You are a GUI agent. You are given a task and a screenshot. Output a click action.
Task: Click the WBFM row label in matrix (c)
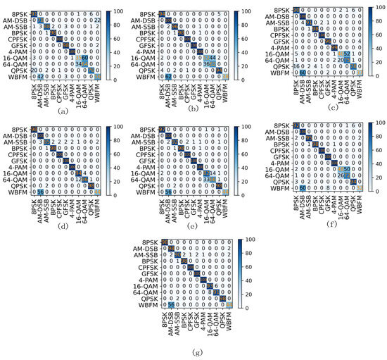click(x=286, y=72)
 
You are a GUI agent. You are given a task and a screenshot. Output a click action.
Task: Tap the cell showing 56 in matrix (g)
click(x=171, y=304)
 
